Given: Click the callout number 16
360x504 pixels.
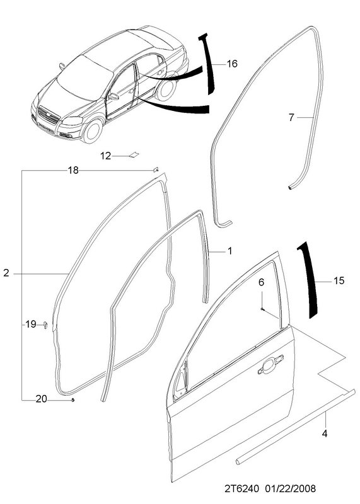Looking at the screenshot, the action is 231,64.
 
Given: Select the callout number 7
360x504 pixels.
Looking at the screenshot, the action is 291,118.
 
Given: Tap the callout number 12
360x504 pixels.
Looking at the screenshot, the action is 105,156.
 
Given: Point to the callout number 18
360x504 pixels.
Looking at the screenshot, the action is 73,170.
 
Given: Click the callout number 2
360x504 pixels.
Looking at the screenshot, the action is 6,273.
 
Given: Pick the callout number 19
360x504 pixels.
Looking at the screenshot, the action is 31,324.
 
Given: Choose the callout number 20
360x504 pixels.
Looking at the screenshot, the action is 41,399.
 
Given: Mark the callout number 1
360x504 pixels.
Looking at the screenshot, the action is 229,251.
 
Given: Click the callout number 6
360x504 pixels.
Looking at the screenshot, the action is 261,282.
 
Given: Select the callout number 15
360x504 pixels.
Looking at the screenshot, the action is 339,280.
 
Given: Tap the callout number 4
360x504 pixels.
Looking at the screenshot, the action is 325,433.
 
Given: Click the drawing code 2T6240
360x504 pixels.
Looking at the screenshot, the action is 241,489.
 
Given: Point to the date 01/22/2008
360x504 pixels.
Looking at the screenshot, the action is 291,489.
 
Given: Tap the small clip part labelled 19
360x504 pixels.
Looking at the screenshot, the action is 45,324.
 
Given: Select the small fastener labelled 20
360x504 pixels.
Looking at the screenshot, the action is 73,399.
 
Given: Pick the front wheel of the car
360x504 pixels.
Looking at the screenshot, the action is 93,131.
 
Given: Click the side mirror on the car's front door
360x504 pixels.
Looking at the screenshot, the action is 113,96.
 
